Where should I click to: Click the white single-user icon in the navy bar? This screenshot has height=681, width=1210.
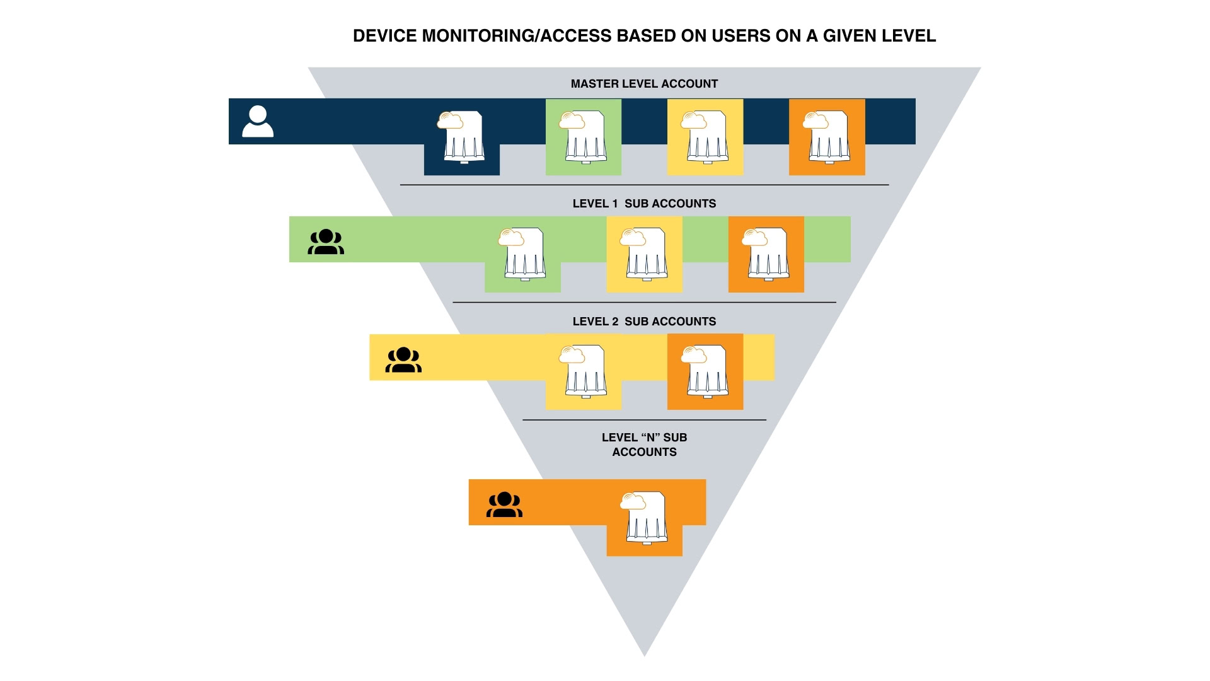[258, 121]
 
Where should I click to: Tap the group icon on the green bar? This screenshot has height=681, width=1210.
[326, 242]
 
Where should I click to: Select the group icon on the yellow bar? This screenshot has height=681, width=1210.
[403, 360]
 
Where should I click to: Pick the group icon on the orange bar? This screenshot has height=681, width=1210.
[504, 504]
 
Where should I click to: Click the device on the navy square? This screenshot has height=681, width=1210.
[461, 137]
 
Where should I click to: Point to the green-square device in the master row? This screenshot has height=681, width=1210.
[584, 137]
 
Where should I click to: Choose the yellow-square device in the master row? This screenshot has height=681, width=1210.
[705, 137]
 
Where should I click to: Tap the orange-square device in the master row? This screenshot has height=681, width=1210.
[827, 137]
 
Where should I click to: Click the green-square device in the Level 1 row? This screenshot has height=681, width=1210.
[522, 254]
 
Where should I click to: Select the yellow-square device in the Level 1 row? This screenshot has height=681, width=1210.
[644, 254]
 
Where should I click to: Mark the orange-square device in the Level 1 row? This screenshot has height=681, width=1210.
[766, 254]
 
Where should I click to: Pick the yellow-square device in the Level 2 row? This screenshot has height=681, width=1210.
[584, 371]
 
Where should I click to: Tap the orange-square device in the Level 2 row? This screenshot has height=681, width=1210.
[705, 371]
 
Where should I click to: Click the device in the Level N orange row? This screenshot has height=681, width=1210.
[644, 518]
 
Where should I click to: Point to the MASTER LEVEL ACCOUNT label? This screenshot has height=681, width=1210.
[644, 84]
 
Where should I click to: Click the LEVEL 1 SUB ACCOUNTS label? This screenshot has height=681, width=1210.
[644, 204]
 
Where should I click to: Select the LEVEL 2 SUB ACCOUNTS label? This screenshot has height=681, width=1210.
[644, 322]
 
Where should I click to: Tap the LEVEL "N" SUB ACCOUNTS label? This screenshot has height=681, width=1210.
[644, 445]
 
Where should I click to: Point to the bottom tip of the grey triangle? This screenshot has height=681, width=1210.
[644, 656]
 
